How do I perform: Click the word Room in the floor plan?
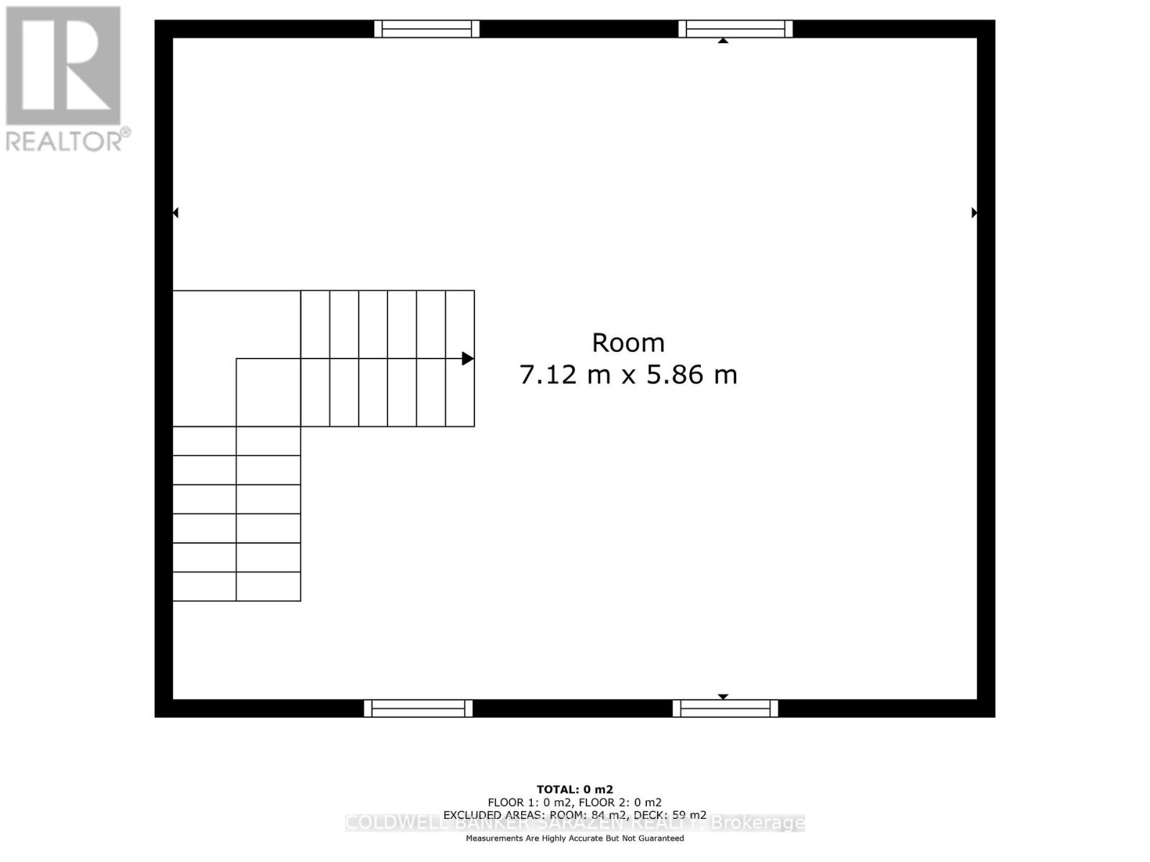pyautogui.click(x=627, y=343)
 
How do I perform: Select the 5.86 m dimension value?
pyautogui.click(x=691, y=375)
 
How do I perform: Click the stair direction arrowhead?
pyautogui.click(x=468, y=358)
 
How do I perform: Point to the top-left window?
pyautogui.click(x=427, y=29)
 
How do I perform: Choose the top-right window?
pyautogui.click(x=735, y=29)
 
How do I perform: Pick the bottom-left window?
pyautogui.click(x=418, y=708)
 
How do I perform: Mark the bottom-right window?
pyautogui.click(x=725, y=708)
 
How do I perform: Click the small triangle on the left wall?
pyautogui.click(x=175, y=213)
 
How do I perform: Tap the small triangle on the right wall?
pyautogui.click(x=974, y=213)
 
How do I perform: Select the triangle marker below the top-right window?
pyautogui.click(x=723, y=41)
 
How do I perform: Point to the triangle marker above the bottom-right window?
pyautogui.click(x=723, y=696)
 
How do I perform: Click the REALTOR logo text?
pyautogui.click(x=68, y=141)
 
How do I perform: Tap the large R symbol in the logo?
pyautogui.click(x=63, y=66)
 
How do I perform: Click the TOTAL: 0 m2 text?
pyautogui.click(x=575, y=789)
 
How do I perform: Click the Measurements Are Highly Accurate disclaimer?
pyautogui.click(x=575, y=838)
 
